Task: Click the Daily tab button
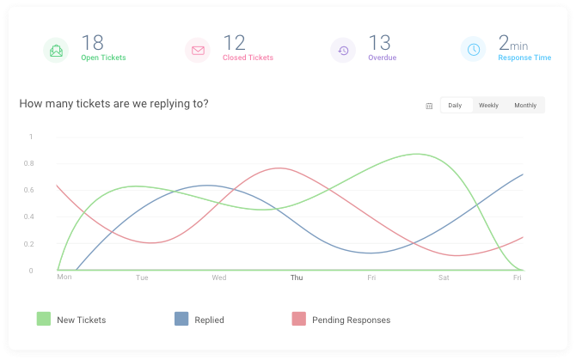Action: click(x=455, y=106)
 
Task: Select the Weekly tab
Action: click(x=488, y=106)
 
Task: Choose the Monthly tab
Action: click(x=525, y=106)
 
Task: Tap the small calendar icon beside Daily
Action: click(x=429, y=106)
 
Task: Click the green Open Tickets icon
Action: click(x=56, y=51)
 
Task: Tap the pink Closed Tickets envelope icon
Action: click(x=198, y=51)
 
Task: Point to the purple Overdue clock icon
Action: click(x=343, y=51)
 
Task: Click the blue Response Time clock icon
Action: click(x=474, y=51)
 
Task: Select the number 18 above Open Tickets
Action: click(x=92, y=42)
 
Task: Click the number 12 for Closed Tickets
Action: click(x=234, y=42)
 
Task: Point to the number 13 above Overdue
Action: click(x=380, y=42)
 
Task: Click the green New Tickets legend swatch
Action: click(x=44, y=320)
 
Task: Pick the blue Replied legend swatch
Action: click(x=181, y=320)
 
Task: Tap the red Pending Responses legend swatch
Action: click(x=299, y=320)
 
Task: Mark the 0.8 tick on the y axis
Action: click(x=29, y=163)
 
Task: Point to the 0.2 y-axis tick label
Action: click(x=29, y=244)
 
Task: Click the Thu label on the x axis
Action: click(x=297, y=278)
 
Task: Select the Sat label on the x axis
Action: click(x=444, y=278)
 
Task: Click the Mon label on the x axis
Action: click(x=64, y=278)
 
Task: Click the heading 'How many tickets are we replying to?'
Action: click(x=113, y=104)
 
